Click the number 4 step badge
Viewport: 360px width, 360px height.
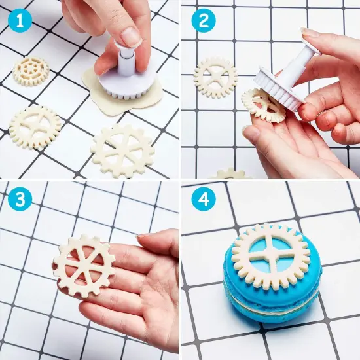204,201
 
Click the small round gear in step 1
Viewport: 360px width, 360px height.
31,70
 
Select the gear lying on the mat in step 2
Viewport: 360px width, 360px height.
215,78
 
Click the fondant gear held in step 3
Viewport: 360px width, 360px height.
84,265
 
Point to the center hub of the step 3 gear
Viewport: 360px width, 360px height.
83,265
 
